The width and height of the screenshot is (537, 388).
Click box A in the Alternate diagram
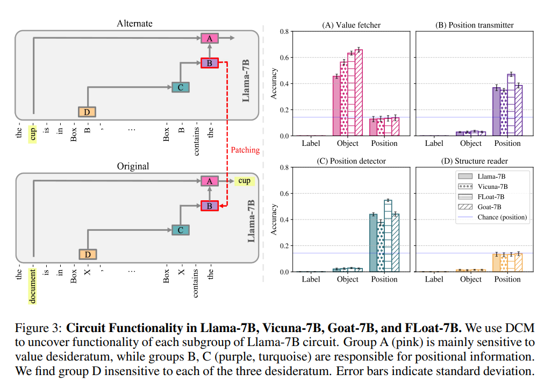pos(209,38)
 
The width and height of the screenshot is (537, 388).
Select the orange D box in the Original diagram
pos(88,255)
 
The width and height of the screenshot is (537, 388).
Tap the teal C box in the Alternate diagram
pos(181,87)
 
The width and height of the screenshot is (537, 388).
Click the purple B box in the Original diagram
pos(209,206)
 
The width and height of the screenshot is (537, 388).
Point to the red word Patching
pos(245,150)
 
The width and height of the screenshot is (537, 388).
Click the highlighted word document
pos(33,286)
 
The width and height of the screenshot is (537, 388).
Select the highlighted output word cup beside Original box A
pos(245,181)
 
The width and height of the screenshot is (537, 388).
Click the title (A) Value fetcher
pos(351,25)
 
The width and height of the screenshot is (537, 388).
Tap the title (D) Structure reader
pos(474,161)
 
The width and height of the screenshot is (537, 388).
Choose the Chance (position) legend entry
pos(492,217)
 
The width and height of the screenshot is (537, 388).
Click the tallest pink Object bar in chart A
pos(359,93)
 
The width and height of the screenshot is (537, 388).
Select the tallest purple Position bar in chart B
pos(511,105)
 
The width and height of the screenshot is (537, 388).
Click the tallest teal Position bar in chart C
pos(388,236)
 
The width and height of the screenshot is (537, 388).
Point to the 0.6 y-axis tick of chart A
pos(284,58)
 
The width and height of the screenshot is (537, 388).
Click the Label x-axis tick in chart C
pos(311,279)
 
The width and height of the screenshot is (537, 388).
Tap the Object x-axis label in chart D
pos(470,279)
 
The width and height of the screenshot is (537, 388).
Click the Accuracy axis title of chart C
pos(274,220)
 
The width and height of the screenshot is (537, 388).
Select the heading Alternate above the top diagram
pos(134,23)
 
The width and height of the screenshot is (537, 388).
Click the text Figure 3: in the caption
pos(38,328)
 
